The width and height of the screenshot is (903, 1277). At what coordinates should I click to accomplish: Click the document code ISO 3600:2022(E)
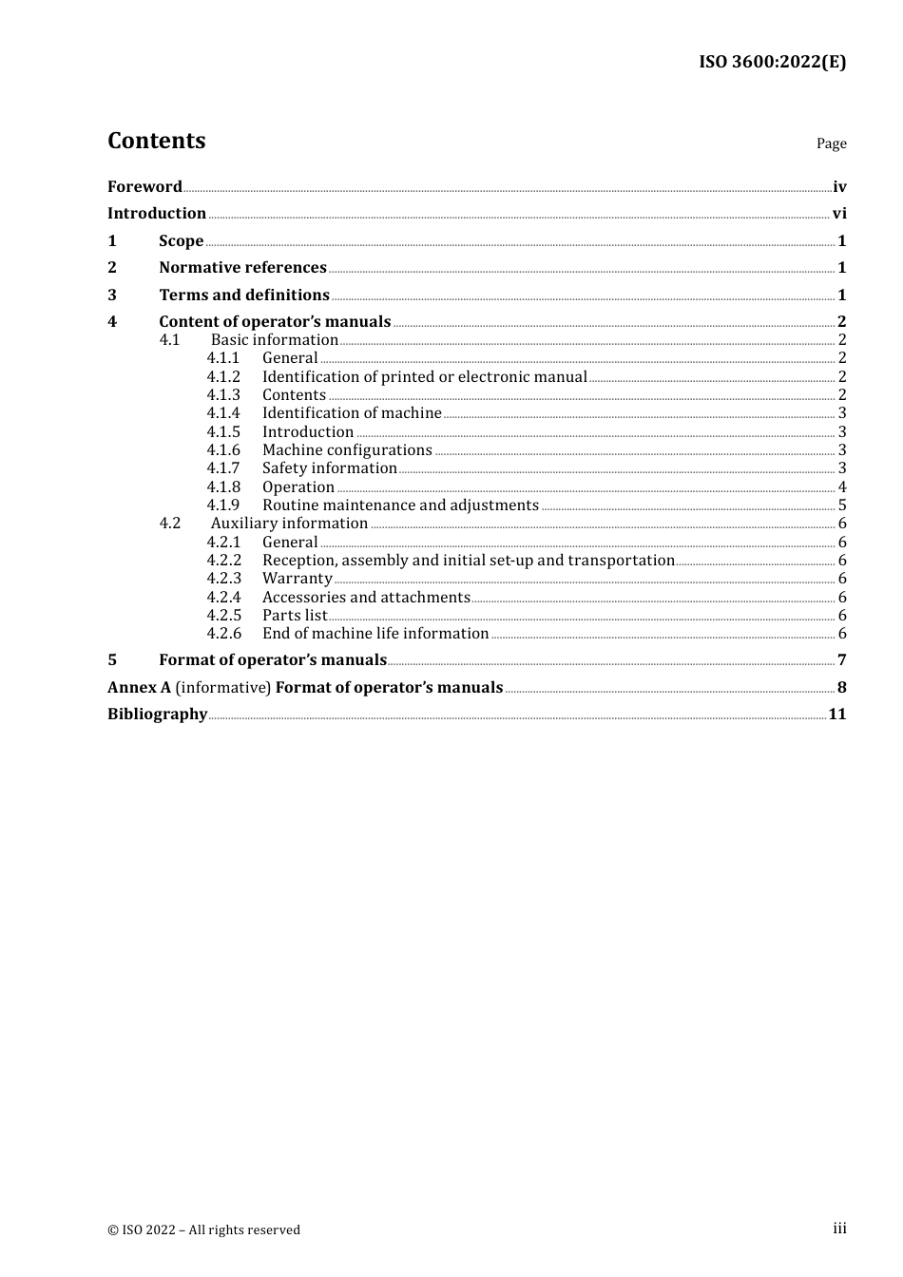coord(772,62)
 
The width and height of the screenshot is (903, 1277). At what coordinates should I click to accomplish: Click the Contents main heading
coord(156,141)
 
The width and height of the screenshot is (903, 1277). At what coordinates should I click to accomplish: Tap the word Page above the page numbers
coord(831,143)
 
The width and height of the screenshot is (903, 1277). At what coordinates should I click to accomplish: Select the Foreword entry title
coord(144,186)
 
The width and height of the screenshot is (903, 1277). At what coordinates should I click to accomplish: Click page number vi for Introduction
coord(839,214)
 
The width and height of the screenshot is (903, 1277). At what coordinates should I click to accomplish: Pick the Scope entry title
coord(181,241)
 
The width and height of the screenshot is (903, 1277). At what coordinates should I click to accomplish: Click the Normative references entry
coord(242,268)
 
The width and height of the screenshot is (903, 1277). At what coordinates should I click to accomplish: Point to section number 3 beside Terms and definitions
coord(112,295)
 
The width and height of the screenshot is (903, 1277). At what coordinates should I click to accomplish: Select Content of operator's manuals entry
coord(275,322)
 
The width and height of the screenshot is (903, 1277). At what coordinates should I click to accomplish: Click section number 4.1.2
coord(223,377)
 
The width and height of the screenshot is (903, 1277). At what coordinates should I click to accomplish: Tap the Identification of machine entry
coord(352,413)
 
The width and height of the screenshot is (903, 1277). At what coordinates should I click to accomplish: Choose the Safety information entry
coord(329,468)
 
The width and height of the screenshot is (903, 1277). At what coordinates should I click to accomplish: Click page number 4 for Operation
coord(842,487)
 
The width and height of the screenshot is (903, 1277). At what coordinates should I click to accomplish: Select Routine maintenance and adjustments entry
coord(400,505)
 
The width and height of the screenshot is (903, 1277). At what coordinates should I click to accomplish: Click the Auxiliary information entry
coord(289,524)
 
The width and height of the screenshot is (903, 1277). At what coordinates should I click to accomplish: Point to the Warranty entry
coord(297,579)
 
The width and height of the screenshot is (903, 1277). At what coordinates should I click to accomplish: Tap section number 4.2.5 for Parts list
coord(223,616)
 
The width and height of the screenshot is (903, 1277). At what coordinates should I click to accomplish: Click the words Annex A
coord(139,688)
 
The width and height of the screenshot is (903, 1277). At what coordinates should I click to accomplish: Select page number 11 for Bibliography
coord(836,715)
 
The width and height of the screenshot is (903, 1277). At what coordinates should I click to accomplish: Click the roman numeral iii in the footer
coord(839,1229)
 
